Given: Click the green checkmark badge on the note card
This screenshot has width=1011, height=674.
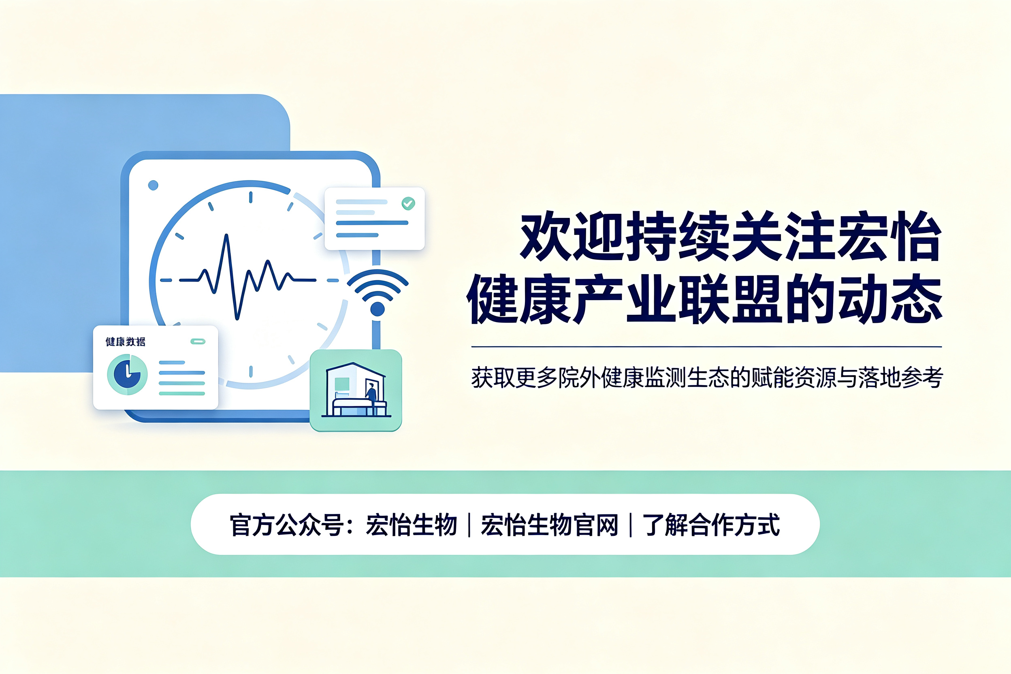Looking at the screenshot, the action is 408,203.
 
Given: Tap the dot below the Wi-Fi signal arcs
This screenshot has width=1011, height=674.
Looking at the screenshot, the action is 378,309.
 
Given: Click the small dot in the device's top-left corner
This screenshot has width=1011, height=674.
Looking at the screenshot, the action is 153,185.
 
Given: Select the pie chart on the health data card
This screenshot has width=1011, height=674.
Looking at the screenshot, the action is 127,374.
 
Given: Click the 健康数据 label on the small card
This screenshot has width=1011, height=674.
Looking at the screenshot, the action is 126,342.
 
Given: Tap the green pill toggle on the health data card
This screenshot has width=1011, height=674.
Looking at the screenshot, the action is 198,341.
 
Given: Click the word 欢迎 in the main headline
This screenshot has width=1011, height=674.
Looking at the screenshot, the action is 572,236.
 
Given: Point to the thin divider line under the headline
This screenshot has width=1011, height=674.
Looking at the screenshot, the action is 707,346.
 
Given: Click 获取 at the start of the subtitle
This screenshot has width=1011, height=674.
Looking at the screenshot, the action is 493,378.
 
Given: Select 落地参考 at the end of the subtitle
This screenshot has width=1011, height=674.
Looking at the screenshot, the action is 900,378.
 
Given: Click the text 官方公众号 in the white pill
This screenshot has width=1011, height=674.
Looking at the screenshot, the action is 287,525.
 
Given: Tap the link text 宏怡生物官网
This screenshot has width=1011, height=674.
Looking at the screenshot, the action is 549,525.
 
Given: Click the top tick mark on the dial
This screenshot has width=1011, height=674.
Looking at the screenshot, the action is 251,197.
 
